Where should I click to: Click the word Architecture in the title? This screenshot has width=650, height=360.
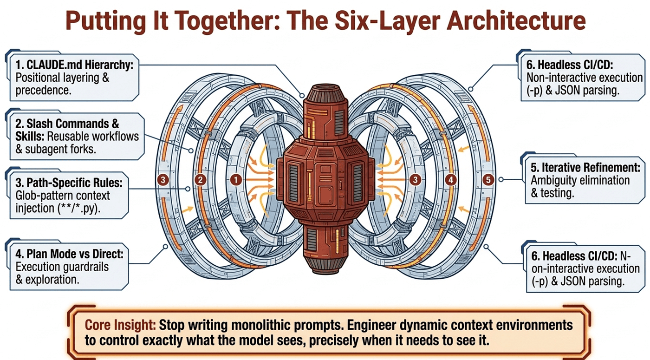tap(516, 21)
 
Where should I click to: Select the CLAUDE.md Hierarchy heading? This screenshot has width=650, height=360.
tap(74, 65)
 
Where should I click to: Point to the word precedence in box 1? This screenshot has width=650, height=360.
tap(43, 91)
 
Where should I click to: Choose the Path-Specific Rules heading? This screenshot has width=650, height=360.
tap(69, 183)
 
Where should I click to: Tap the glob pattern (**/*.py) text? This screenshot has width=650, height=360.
tap(79, 209)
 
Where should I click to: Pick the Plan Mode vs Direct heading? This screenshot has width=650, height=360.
tap(69, 254)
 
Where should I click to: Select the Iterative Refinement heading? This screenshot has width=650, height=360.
tap(585, 168)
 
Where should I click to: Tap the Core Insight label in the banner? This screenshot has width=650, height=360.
tap(120, 325)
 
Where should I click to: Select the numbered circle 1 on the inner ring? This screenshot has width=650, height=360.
tap(236, 180)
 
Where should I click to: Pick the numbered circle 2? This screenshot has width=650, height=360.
tap(200, 180)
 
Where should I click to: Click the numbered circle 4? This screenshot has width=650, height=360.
tap(451, 180)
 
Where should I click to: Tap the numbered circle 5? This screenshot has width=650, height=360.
tap(488, 180)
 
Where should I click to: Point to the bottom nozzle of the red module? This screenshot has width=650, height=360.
tap(325, 265)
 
